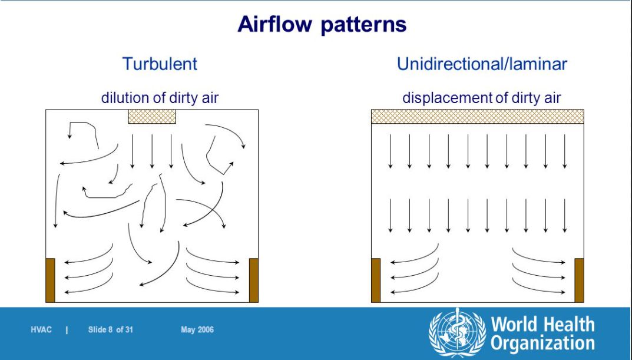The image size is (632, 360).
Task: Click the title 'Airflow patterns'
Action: [322, 24]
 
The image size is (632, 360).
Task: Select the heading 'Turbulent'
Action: [160, 64]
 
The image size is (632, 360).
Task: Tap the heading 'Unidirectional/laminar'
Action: [482, 64]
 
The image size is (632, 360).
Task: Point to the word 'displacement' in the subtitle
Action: [448, 98]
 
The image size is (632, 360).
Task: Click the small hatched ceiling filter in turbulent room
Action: [152, 117]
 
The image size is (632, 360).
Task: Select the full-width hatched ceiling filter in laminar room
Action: [478, 117]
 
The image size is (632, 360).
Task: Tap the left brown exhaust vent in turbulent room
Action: [51, 280]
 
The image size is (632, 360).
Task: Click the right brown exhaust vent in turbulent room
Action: [253, 280]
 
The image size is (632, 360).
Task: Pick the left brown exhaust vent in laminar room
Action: [376, 280]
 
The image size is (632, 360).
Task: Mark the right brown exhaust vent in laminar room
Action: [579, 280]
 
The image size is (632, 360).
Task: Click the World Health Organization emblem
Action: [457, 332]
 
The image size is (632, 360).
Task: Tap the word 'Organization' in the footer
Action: [542, 344]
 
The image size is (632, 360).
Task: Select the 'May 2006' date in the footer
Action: [197, 330]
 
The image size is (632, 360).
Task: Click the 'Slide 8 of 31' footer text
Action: [111, 330]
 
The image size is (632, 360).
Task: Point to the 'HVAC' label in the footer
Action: [41, 330]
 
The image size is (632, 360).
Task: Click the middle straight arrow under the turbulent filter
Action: [152, 151]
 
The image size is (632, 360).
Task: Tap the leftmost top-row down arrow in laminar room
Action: [390, 151]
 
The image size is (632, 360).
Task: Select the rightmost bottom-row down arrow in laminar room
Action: [565, 216]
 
